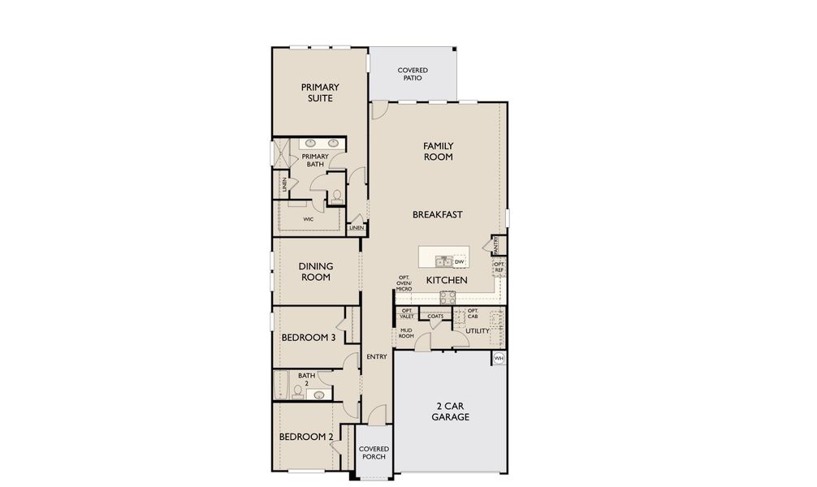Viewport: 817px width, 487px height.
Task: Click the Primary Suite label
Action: [x=319, y=93]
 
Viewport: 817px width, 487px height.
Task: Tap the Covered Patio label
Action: [x=413, y=75]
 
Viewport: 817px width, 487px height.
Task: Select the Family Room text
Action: [x=438, y=151]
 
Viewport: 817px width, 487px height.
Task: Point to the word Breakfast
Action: [x=437, y=214]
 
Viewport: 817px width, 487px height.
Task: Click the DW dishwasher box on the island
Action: [x=459, y=261]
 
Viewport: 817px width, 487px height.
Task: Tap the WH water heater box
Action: [x=499, y=358]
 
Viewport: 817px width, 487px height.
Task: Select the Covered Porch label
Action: [x=374, y=453]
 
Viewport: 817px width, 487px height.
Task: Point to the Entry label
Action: [x=376, y=357]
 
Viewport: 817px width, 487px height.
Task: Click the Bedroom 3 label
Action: [x=309, y=338]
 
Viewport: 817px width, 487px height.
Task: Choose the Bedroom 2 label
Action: [x=306, y=437]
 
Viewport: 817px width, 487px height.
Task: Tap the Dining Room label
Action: [x=314, y=271]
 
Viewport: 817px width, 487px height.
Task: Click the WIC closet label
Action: [x=309, y=219]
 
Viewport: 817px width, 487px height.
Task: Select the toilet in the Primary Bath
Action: [x=336, y=196]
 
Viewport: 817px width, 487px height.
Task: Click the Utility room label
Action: [x=477, y=331]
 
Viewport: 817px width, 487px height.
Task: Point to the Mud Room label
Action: [x=406, y=333]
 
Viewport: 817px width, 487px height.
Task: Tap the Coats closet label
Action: [x=434, y=317]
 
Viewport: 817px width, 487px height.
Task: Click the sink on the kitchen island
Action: [x=443, y=261]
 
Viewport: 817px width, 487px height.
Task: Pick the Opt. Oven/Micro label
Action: [x=404, y=283]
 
